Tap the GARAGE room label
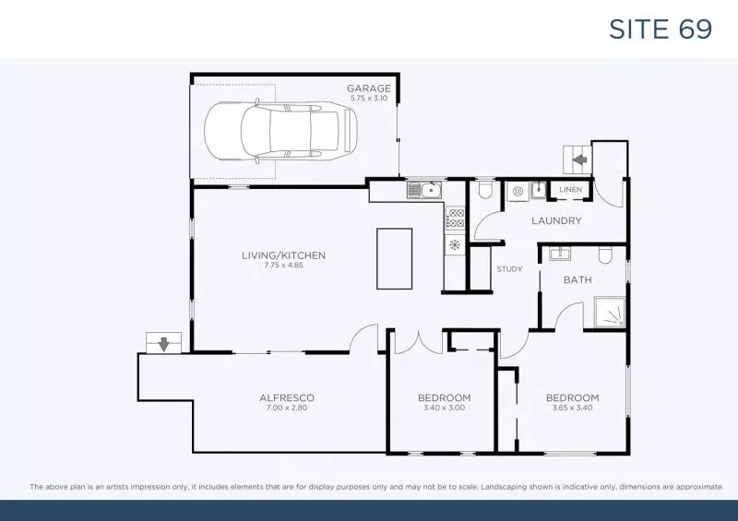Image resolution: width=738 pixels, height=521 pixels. tap(369, 89)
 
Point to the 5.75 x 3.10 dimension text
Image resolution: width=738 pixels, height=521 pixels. tap(369, 98)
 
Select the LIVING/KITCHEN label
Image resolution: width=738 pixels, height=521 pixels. tap(283, 255)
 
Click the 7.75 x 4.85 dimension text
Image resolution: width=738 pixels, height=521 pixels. tap(283, 266)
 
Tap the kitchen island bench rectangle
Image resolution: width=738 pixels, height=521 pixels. tap(394, 258)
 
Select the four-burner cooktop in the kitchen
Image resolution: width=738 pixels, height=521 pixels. tap(456, 218)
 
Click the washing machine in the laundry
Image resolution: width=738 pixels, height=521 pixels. tap(518, 192)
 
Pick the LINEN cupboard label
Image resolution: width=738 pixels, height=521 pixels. tap(569, 190)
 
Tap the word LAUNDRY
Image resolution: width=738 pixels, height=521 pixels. tap(556, 220)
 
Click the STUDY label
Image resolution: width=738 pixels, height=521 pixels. tap(509, 270)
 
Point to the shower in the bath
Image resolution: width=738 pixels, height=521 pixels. tap(610, 313)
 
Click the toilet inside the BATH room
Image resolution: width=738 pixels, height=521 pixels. tap(605, 255)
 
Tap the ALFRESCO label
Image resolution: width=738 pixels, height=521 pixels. tap(287, 397)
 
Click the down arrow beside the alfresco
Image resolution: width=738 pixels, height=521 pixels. tap(163, 344)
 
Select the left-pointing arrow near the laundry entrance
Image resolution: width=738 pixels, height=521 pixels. tap(580, 160)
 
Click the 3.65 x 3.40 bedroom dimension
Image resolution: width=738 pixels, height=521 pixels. tap(572, 408)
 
